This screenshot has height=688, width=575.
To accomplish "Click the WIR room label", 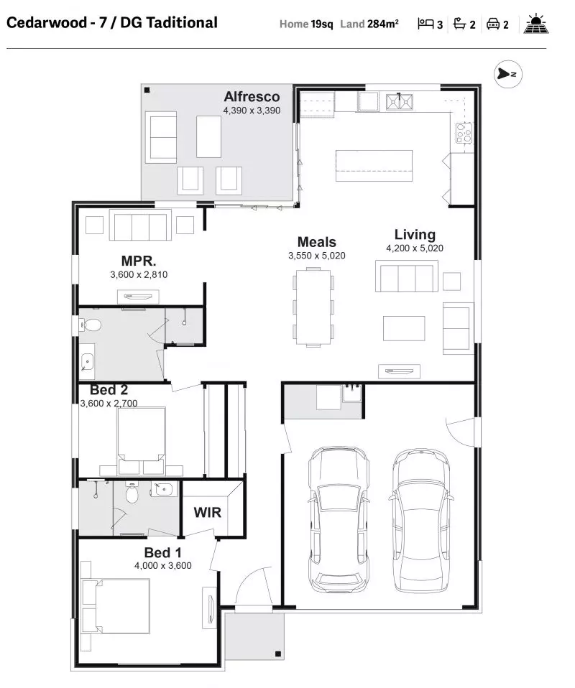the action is click(207, 512).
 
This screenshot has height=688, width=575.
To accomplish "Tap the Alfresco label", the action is click(252, 96).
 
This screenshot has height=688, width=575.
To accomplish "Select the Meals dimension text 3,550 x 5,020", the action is click(317, 256).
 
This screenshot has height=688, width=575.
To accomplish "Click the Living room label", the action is click(415, 235).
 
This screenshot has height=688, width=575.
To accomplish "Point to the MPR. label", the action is click(139, 261).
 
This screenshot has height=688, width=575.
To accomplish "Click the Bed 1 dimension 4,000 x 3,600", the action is click(163, 566).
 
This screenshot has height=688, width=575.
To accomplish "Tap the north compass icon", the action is click(507, 74).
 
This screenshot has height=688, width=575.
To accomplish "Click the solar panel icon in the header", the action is click(536, 24).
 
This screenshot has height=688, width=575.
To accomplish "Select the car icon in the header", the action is click(493, 24).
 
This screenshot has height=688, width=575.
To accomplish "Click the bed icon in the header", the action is click(425, 23).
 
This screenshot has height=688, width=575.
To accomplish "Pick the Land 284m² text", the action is click(369, 24).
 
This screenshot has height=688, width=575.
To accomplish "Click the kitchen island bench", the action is click(374, 165).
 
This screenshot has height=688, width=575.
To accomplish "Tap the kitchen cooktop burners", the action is click(464, 133).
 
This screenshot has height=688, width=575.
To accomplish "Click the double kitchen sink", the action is click(400, 102).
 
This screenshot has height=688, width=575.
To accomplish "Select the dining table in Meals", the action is click(313, 307).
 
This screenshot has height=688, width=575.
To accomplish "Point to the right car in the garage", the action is click(420, 521).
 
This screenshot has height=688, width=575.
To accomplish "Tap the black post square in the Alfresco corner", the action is click(147, 90).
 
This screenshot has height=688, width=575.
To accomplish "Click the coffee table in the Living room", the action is click(404, 328).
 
